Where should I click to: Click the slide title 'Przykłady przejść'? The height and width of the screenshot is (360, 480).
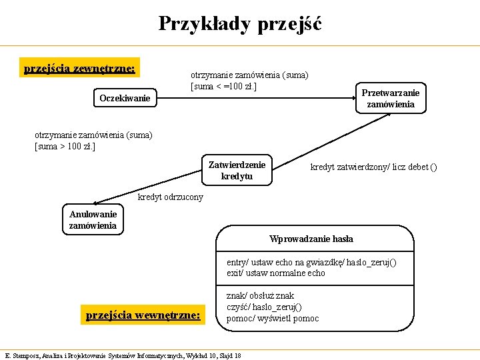[239, 24]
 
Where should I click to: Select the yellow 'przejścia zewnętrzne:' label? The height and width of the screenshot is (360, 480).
[79, 69]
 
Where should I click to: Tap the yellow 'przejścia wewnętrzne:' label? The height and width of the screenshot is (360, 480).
[143, 315]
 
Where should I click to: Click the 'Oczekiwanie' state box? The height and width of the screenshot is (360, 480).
[125, 99]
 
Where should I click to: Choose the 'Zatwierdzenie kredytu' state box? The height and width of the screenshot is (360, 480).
[237, 170]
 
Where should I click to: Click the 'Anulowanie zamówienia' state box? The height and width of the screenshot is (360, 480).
[93, 219]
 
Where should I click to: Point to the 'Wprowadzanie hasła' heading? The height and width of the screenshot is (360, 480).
[311, 239]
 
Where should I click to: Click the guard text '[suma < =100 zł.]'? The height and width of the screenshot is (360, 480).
[224, 86]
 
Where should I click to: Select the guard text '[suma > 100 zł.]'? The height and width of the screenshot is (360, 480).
[65, 146]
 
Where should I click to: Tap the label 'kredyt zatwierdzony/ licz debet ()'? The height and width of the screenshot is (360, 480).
[373, 167]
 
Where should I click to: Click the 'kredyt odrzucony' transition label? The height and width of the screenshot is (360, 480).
[170, 197]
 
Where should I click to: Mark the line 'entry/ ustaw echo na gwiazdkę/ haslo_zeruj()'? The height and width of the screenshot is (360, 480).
[311, 262]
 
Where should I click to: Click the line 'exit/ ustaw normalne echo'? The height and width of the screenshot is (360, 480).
[276, 273]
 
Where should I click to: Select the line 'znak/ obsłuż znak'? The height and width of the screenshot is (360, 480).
[260, 295]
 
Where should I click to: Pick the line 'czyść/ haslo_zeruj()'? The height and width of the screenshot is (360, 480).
[264, 307]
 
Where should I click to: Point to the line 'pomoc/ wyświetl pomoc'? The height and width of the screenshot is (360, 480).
[273, 318]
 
